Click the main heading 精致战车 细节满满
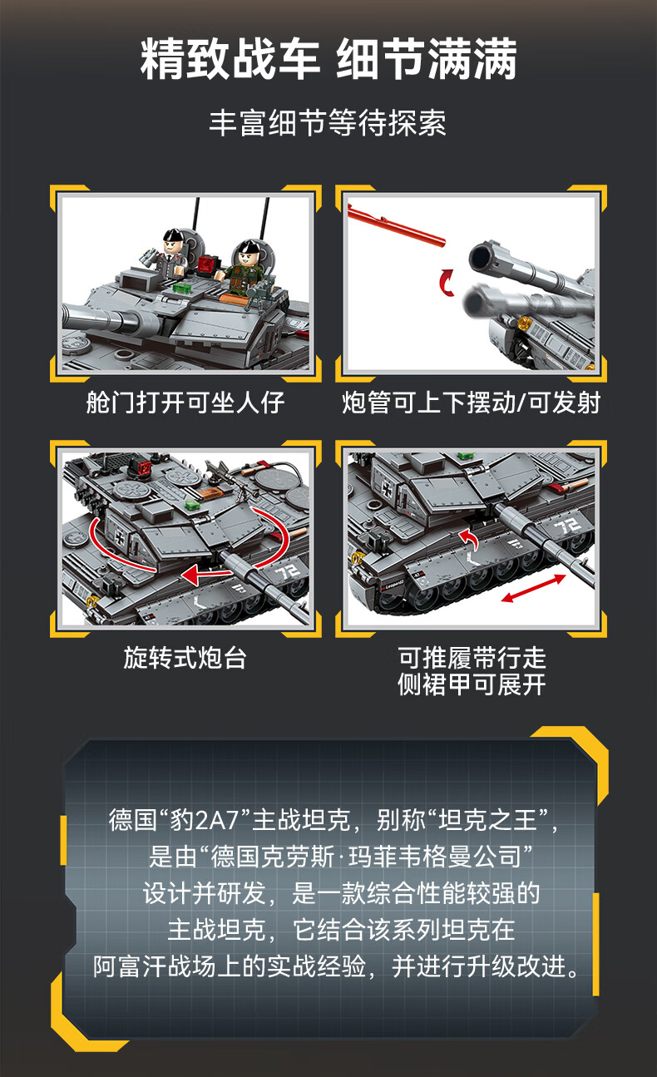pos(328,59)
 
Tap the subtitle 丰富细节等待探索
pos(328,123)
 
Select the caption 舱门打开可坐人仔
pos(185,403)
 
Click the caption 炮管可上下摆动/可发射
pos(471,403)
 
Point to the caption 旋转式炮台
pos(185,658)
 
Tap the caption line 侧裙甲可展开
pos(472,684)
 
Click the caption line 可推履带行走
pos(472,658)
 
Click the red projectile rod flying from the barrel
pos(396,225)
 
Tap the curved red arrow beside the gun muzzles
pos(447,282)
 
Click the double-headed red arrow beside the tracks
pos(533,588)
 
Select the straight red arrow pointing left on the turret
pos(207,574)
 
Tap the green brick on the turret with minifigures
pos(180,288)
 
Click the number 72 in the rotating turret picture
pos(288,571)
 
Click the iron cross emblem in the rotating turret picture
pos(119,539)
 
